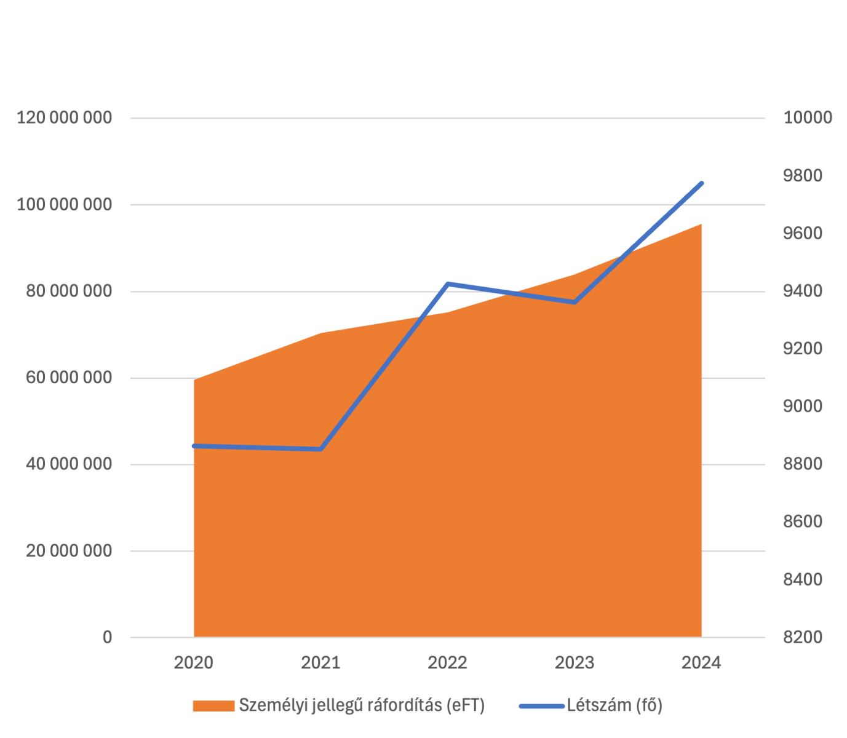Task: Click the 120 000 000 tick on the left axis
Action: click(65, 117)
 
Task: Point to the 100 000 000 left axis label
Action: click(65, 204)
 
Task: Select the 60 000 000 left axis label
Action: click(69, 378)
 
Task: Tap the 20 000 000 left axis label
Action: click(69, 551)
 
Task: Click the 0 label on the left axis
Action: click(108, 638)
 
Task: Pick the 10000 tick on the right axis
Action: click(807, 117)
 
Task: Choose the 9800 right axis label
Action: click(802, 176)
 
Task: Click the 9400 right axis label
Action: click(802, 291)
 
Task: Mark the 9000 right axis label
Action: click(802, 407)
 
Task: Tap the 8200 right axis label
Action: click(802, 637)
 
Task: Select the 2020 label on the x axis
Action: click(194, 663)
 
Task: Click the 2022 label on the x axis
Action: click(448, 663)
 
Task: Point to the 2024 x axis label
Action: click(701, 663)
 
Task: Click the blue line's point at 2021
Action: click(320, 450)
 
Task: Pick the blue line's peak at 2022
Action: click(448, 284)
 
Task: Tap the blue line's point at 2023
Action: click(575, 302)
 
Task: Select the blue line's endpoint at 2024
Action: click(701, 183)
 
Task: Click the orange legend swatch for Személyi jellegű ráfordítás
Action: click(213, 705)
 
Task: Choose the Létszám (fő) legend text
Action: click(614, 705)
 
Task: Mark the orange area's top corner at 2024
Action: click(701, 224)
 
